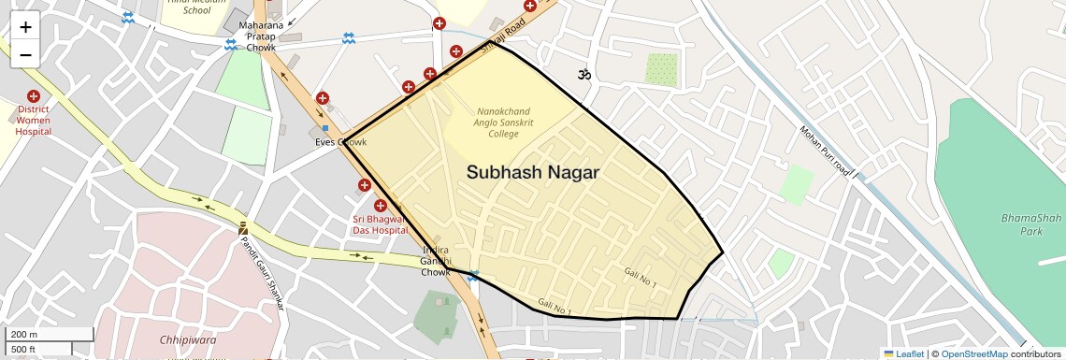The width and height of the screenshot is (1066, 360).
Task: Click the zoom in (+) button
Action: point(25,26)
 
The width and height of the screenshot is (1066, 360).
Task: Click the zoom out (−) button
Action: point(25,54)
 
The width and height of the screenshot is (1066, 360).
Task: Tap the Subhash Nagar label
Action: point(532,173)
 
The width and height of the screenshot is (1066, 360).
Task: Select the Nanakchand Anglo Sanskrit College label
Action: point(503,122)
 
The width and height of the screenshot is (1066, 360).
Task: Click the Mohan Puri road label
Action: point(823,151)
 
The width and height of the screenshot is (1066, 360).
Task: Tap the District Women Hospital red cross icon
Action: point(34,96)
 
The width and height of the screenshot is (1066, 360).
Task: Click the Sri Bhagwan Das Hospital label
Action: point(380,224)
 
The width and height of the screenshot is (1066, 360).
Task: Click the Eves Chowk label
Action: point(339,142)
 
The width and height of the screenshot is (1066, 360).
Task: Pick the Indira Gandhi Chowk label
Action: point(436,261)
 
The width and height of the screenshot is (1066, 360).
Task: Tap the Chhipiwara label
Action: point(188,339)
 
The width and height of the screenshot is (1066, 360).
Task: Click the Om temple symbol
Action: point(585,74)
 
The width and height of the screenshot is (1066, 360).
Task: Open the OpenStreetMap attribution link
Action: point(973,353)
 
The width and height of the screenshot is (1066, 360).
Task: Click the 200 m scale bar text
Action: point(23,335)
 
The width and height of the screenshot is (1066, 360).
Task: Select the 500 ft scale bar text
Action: point(23,350)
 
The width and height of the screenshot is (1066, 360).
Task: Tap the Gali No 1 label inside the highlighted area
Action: point(641,277)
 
